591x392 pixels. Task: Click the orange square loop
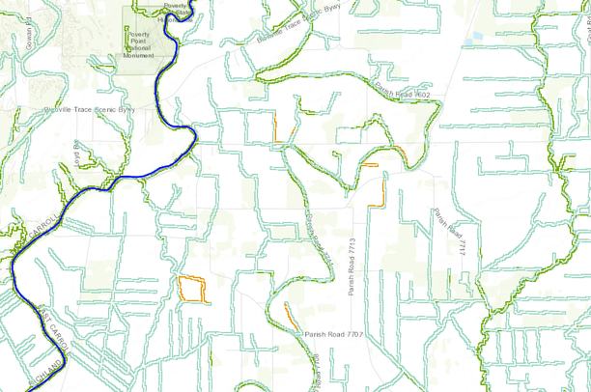(x=193, y=290)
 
